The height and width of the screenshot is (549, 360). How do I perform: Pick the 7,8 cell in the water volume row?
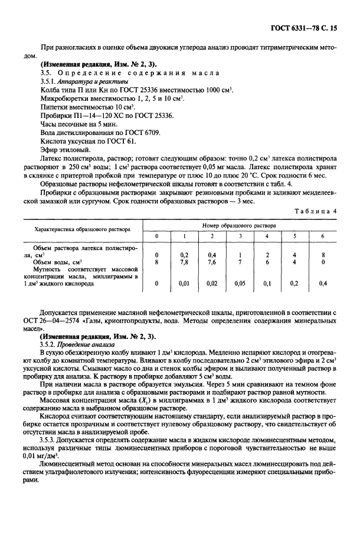(183, 261)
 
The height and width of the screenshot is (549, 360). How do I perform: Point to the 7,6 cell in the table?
(211, 261)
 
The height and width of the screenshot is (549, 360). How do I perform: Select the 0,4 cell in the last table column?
(322, 283)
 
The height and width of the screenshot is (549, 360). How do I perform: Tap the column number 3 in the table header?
(240, 236)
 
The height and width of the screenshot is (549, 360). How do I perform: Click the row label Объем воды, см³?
(58, 261)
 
